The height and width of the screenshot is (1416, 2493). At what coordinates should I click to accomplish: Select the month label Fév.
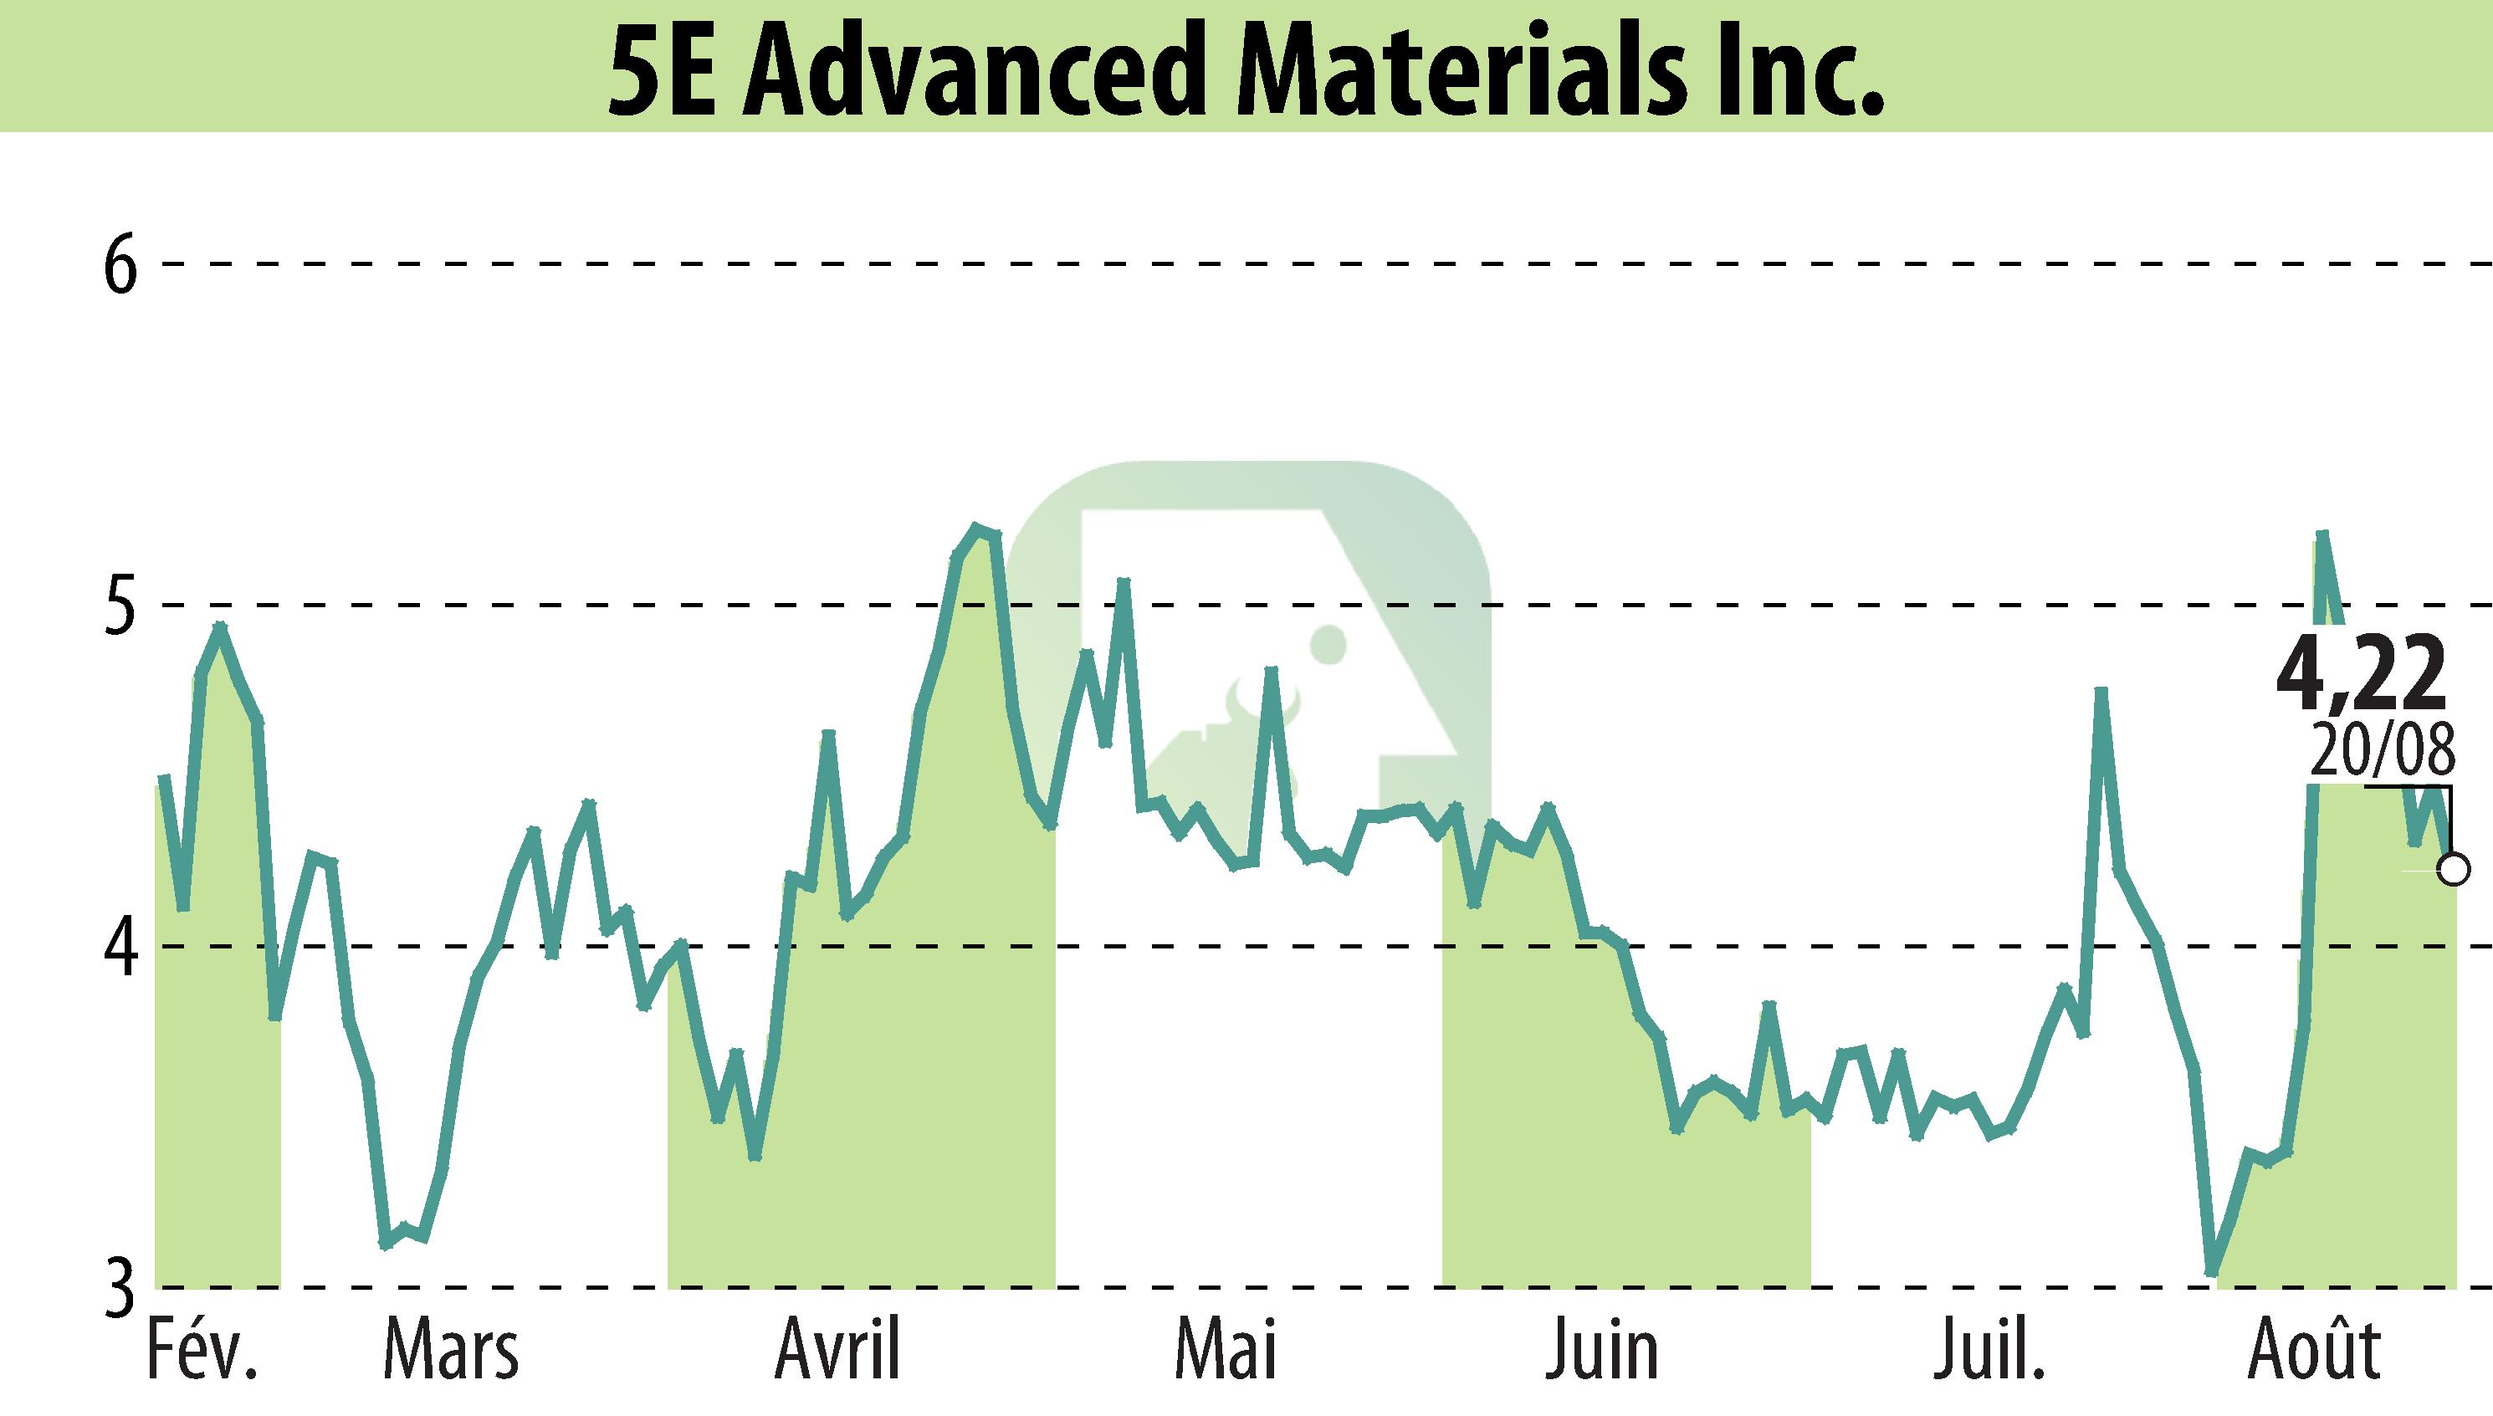click(x=202, y=1349)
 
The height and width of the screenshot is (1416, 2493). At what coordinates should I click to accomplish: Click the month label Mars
click(x=451, y=1349)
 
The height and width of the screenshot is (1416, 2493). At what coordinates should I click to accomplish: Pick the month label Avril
click(x=838, y=1349)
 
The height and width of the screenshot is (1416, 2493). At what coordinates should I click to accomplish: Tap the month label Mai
click(x=1225, y=1349)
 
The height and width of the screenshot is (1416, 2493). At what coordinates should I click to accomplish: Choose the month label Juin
click(x=1602, y=1349)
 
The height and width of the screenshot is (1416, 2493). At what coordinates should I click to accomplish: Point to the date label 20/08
click(x=2381, y=752)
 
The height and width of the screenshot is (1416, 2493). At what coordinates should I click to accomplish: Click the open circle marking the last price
click(x=2453, y=868)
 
